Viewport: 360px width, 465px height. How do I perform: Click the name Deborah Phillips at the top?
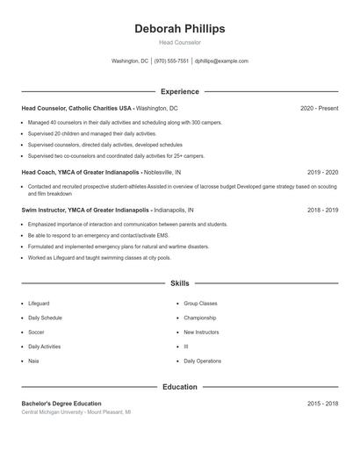click(x=179, y=29)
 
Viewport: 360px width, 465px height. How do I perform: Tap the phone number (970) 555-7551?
click(x=171, y=61)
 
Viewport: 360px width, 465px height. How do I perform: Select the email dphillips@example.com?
click(x=221, y=61)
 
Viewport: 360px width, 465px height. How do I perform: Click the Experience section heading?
click(x=179, y=91)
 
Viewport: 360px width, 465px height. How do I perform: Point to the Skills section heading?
click(x=179, y=283)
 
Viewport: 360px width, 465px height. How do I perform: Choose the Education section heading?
click(x=179, y=386)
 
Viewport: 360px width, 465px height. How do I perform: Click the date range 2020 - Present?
click(x=319, y=108)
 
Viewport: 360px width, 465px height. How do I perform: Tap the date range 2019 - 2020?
click(x=322, y=172)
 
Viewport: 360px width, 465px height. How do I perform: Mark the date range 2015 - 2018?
click(x=322, y=404)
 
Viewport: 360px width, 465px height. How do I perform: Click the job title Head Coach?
click(x=40, y=172)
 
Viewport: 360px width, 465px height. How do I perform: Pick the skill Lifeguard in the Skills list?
click(x=40, y=304)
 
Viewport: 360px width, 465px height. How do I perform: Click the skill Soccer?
click(x=36, y=333)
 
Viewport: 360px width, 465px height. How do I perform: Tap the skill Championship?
click(x=199, y=318)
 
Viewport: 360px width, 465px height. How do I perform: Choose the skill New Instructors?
click(x=201, y=333)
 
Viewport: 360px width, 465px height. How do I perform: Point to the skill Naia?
click(x=33, y=361)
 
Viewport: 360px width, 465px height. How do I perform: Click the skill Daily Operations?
click(x=202, y=361)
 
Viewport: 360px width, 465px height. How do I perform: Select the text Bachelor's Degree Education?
click(x=61, y=404)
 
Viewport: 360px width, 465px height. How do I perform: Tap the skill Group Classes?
click(x=200, y=304)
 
